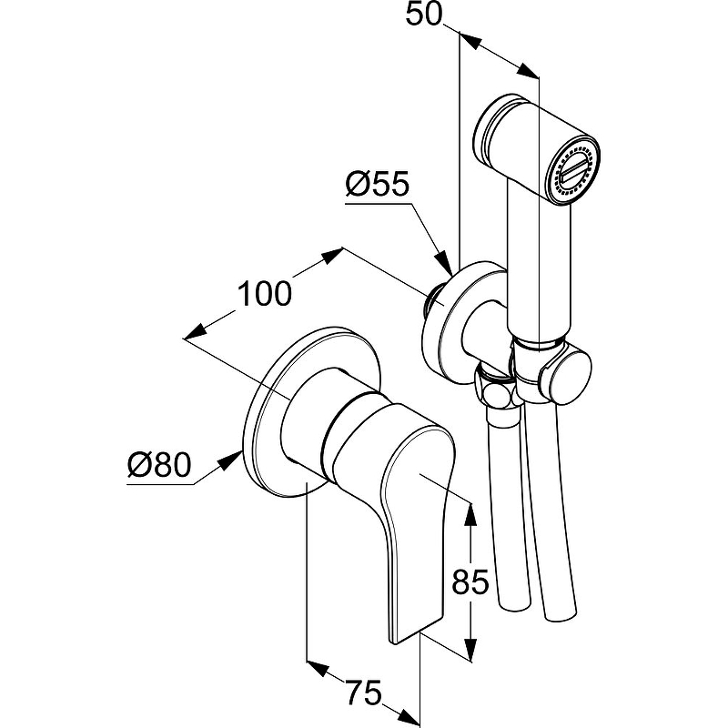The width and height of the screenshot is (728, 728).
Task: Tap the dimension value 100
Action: pyautogui.click(x=265, y=294)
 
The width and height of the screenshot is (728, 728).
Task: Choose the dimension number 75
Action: pyautogui.click(x=362, y=694)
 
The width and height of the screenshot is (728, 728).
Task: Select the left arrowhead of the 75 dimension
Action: pyautogui.click(x=316, y=671)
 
